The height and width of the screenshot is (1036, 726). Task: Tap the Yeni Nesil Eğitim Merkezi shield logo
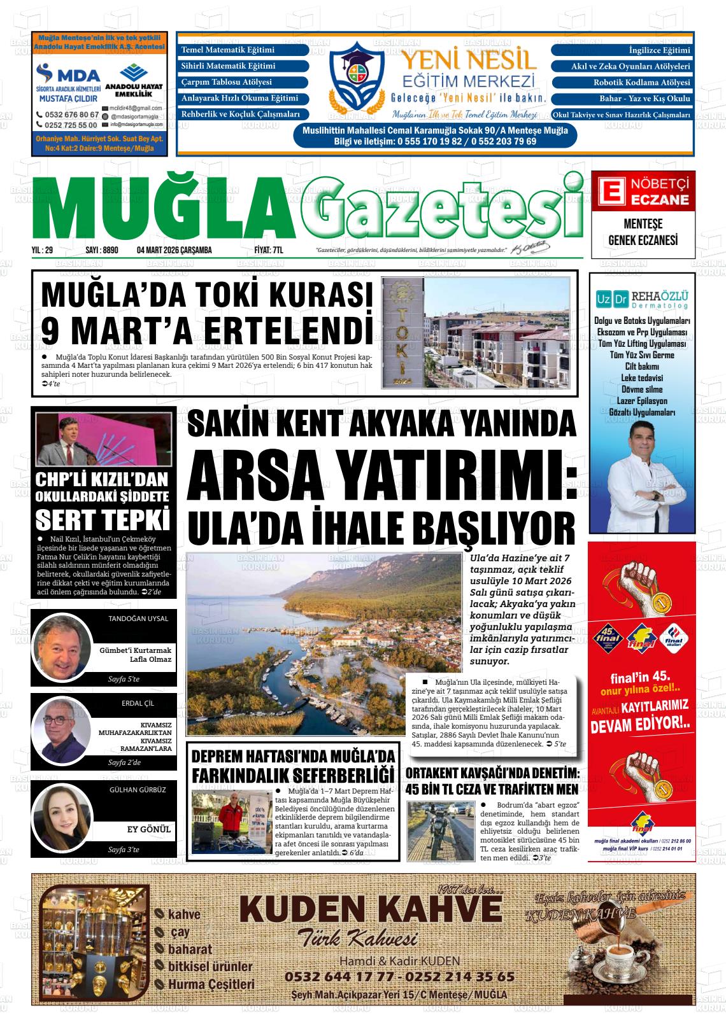tap(359, 74)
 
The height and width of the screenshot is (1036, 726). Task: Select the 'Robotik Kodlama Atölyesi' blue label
tap(622, 83)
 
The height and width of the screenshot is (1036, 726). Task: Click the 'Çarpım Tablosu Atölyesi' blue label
tap(244, 83)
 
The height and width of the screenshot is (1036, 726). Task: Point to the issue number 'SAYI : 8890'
tap(101, 251)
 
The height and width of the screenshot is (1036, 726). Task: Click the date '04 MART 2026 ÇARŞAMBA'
tap(174, 251)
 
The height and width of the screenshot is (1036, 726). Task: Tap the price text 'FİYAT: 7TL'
tap(268, 251)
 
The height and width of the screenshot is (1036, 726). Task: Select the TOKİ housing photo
tap(477, 333)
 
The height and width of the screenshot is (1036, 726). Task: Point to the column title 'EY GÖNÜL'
tap(149, 829)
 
